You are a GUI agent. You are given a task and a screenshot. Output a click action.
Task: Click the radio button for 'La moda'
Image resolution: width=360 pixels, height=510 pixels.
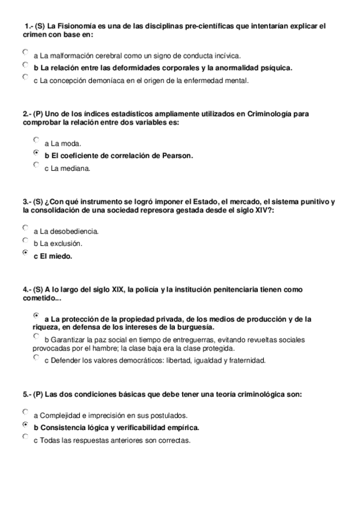click(x=36, y=140)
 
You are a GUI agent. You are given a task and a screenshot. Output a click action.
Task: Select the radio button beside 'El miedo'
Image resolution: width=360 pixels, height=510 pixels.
click(x=25, y=253)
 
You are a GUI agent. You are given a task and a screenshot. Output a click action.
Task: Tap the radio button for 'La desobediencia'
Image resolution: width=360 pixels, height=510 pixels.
click(x=25, y=228)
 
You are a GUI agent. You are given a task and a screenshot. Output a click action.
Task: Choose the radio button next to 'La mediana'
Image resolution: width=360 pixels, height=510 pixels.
click(x=36, y=165)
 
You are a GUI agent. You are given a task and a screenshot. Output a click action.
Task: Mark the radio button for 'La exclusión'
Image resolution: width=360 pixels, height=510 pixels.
click(x=25, y=240)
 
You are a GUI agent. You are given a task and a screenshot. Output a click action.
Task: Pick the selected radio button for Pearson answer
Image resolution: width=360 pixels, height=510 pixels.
click(x=36, y=153)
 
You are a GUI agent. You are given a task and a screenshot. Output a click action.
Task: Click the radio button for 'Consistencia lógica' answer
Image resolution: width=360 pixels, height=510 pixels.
click(x=25, y=425)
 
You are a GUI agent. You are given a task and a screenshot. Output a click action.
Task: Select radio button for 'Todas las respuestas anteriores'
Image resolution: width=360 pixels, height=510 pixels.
click(x=25, y=437)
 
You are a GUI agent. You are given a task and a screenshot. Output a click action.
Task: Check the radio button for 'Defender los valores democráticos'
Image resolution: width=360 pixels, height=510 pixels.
click(x=36, y=357)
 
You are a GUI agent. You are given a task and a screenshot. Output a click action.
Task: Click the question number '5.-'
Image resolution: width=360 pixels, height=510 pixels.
click(x=27, y=395)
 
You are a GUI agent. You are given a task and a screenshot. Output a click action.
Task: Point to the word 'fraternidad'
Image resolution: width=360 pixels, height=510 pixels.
click(x=244, y=361)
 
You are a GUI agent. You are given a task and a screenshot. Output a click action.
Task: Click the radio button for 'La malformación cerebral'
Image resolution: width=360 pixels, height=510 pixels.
click(x=25, y=52)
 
